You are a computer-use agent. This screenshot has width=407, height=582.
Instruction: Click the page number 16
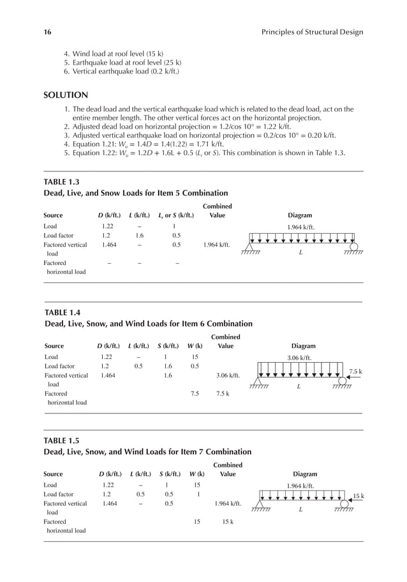[x=47, y=32]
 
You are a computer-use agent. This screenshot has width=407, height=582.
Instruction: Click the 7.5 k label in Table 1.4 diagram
[x=355, y=371]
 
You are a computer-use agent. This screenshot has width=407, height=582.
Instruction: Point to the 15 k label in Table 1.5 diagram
[x=359, y=496]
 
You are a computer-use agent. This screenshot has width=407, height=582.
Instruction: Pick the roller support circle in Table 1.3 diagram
[x=353, y=247]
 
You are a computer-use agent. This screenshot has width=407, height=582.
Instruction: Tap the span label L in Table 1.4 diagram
[x=298, y=387]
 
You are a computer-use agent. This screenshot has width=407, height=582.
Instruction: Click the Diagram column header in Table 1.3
[x=300, y=216]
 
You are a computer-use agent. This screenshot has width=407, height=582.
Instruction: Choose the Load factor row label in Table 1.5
[x=58, y=494]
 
